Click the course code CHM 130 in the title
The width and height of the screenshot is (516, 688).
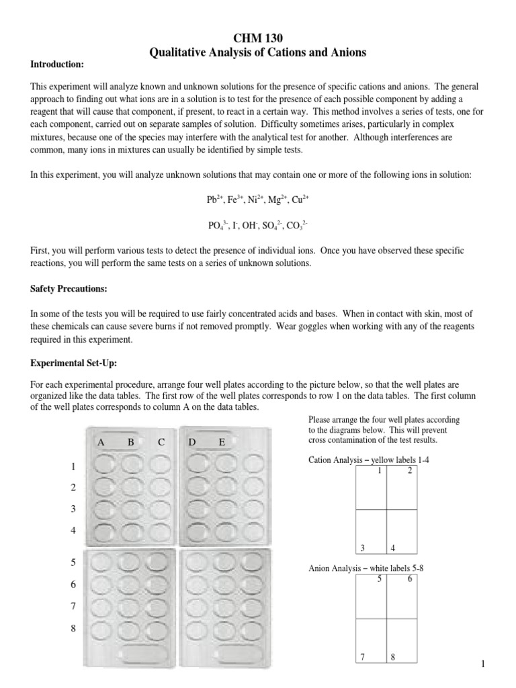pos(257,39)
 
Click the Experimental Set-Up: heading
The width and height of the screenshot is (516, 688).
pos(74,363)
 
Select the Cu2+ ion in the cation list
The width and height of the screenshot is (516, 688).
pos(298,200)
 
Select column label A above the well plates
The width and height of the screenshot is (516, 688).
pos(101,442)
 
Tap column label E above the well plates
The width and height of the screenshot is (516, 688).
pos(222,442)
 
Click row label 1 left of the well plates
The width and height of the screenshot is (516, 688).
pos(73,466)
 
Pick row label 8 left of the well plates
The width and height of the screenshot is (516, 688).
pos(73,628)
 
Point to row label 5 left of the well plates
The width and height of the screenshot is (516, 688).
pos(73,562)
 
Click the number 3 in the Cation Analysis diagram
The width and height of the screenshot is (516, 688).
pos(362,548)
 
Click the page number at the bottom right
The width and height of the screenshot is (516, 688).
pos(482,664)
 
